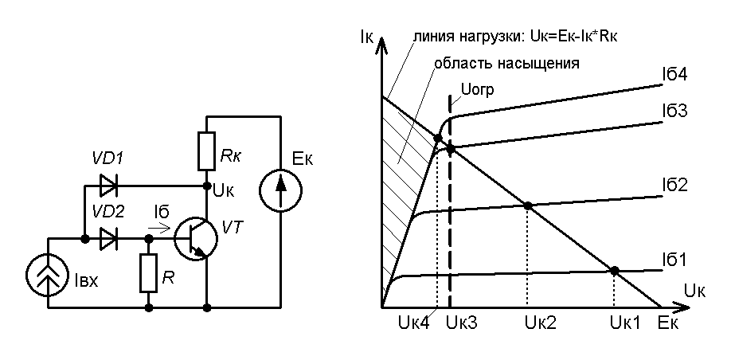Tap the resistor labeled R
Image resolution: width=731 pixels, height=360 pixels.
click(148, 272)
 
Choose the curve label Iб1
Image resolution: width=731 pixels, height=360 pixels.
click(674, 259)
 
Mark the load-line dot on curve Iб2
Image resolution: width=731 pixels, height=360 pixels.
click(527, 205)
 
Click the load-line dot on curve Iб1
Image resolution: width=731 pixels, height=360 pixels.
click(614, 271)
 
